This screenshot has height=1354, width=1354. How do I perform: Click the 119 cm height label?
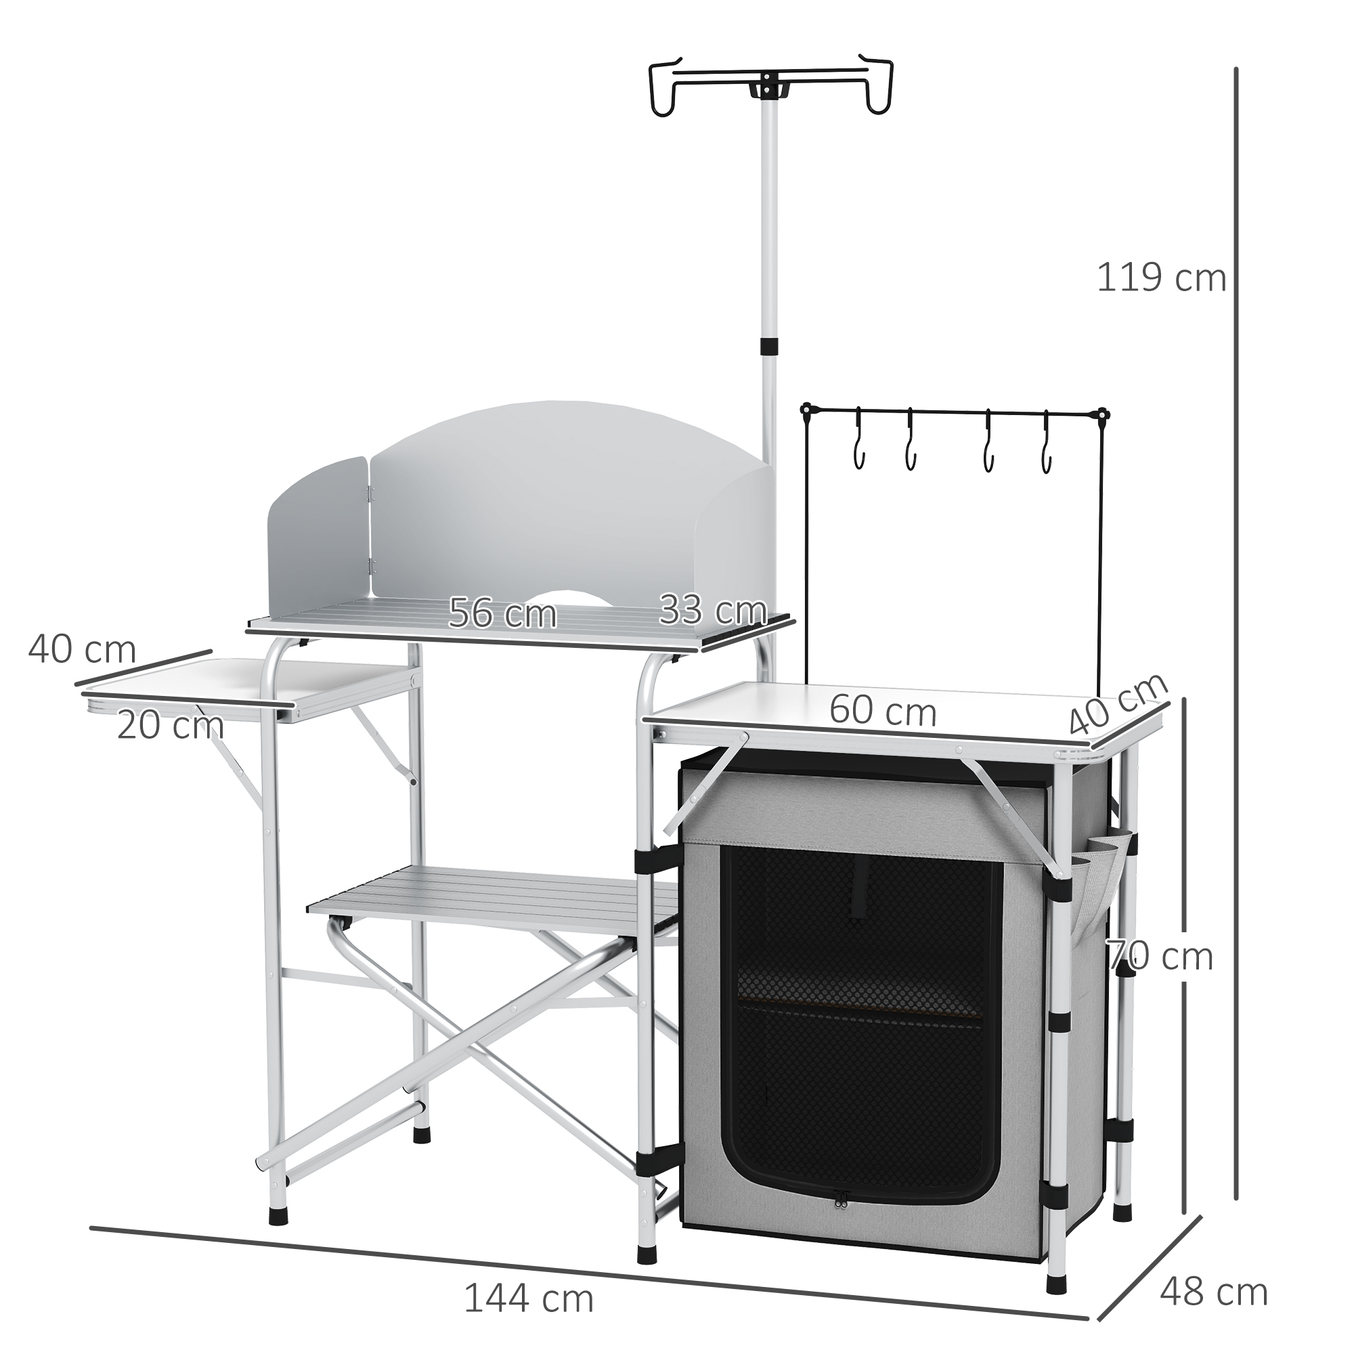[x=1160, y=278]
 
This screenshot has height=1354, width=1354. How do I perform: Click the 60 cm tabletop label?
[x=882, y=712]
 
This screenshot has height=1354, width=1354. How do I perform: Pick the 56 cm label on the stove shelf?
[x=502, y=613]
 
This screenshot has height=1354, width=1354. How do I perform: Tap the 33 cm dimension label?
[x=712, y=610]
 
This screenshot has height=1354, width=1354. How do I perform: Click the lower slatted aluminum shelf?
[x=491, y=900]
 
